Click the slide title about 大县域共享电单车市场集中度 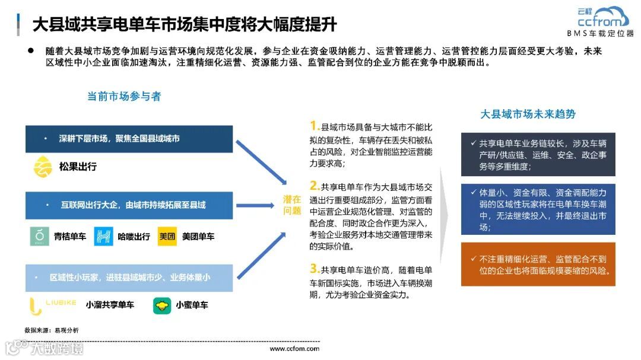click(184, 25)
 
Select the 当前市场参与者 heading click(124, 96)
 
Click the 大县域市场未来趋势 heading click(528, 114)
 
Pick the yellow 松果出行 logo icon click(43, 167)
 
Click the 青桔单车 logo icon click(40, 237)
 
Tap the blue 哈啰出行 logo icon click(104, 237)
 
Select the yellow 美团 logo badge click(167, 237)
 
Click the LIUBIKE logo click(53, 305)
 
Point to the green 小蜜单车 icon click(162, 305)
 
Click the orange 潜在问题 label click(292, 205)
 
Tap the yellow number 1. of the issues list click(315, 126)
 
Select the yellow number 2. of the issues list click(315, 184)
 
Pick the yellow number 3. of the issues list click(315, 268)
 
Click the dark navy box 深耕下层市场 click(129, 139)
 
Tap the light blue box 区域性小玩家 click(129, 278)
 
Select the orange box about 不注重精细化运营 click(538, 264)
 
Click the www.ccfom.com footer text click(294, 349)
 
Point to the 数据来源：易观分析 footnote click(51, 330)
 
